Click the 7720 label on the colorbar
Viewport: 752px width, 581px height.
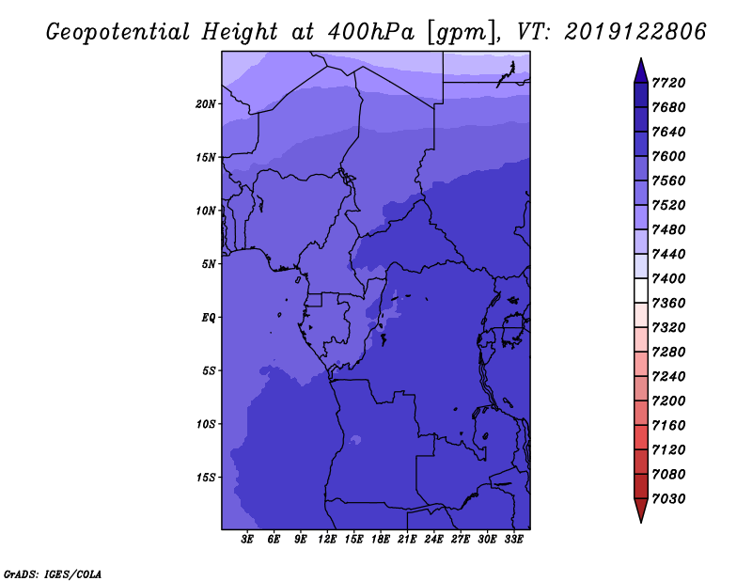click(668, 83)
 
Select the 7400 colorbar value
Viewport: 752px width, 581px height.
click(668, 278)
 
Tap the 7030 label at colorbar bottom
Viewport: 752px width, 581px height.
click(668, 499)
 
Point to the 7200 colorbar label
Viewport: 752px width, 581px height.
click(668, 401)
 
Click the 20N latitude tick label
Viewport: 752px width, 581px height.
click(206, 104)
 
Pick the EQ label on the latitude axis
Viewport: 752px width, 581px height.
click(208, 318)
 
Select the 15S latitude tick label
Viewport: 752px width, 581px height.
click(206, 478)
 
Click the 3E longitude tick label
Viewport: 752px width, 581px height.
click(247, 540)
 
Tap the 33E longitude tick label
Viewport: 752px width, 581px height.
click(513, 540)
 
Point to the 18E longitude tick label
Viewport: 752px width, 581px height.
click(381, 540)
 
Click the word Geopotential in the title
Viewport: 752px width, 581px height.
click(118, 32)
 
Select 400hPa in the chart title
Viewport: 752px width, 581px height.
click(370, 32)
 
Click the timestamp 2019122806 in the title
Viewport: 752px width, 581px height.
click(635, 32)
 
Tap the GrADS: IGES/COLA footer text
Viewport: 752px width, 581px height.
click(53, 574)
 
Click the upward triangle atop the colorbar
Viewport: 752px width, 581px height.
click(641, 71)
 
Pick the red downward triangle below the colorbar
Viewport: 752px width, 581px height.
click(641, 510)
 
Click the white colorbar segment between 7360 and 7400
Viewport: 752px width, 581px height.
click(641, 290)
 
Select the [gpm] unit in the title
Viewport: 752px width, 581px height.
click(462, 33)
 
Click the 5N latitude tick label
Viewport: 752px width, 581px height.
click(208, 264)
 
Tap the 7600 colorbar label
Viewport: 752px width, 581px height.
click(668, 156)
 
